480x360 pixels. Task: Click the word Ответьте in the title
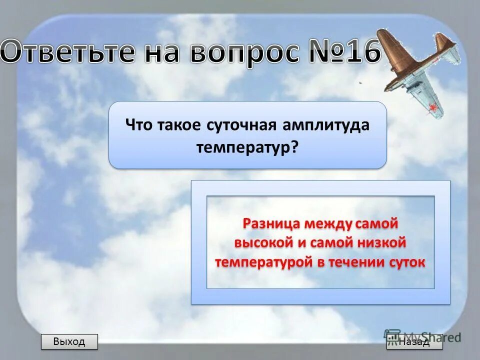[67, 53]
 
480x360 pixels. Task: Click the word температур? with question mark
[247, 147]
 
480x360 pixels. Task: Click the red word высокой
[263, 242]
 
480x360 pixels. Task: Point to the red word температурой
[263, 262]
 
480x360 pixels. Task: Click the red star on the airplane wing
[433, 106]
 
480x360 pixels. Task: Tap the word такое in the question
[179, 125]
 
